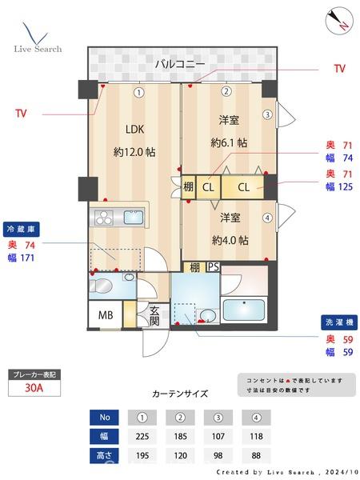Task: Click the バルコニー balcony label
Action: point(180,64)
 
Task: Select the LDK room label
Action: point(134,129)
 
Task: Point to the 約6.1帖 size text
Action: point(228,143)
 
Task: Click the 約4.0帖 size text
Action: point(230,240)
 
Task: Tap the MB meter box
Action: point(105,315)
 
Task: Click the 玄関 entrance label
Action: point(154,316)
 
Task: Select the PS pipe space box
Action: point(212,267)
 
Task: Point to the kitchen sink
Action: point(132,218)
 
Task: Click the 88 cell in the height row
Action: point(256,456)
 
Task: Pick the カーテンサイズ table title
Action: point(180,394)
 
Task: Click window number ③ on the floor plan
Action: point(268,114)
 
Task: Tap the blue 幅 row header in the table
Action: point(103,437)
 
